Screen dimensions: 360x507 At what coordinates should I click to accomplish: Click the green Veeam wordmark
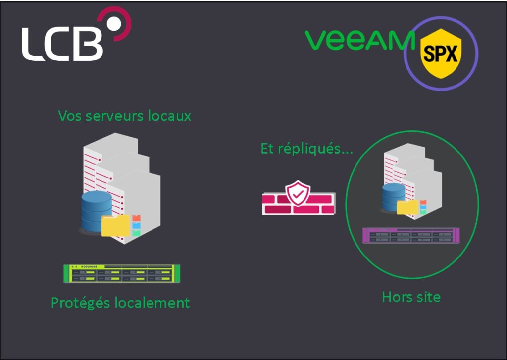pyautogui.click(x=359, y=40)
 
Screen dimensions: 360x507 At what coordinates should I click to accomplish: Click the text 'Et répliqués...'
pyautogui.click(x=306, y=148)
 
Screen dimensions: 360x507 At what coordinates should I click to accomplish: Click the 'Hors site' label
pyautogui.click(x=411, y=297)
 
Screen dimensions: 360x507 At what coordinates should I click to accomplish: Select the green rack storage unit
pyautogui.click(x=122, y=273)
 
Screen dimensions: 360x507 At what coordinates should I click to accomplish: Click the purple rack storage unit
pyautogui.click(x=411, y=235)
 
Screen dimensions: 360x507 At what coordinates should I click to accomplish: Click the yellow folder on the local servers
pyautogui.click(x=115, y=226)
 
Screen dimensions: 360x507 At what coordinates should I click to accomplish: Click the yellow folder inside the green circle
pyautogui.click(x=407, y=207)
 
